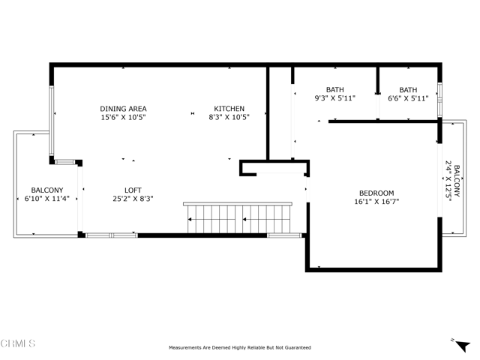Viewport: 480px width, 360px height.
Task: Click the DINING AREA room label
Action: (123, 109)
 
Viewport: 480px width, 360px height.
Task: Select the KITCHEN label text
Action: (229, 109)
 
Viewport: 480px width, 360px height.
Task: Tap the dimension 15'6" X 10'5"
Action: (123, 118)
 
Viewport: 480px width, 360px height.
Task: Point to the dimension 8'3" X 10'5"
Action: (229, 118)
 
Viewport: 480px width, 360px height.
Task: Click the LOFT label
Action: (133, 190)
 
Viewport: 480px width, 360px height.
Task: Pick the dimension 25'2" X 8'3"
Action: (133, 199)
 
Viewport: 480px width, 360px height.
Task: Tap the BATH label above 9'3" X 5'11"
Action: (334, 89)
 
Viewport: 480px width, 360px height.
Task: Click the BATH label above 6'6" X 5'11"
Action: (408, 89)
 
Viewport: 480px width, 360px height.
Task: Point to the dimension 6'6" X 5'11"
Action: (408, 98)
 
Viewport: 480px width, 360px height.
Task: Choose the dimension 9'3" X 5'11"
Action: (334, 98)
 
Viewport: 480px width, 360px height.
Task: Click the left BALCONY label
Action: (46, 190)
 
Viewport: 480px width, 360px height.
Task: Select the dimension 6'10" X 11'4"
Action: (46, 199)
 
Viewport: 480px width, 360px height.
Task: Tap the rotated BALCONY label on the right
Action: (457, 180)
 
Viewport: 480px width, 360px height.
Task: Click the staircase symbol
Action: (237, 218)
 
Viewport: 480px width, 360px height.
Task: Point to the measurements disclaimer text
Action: (239, 347)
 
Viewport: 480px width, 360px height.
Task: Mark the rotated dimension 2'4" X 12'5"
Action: (448, 180)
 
